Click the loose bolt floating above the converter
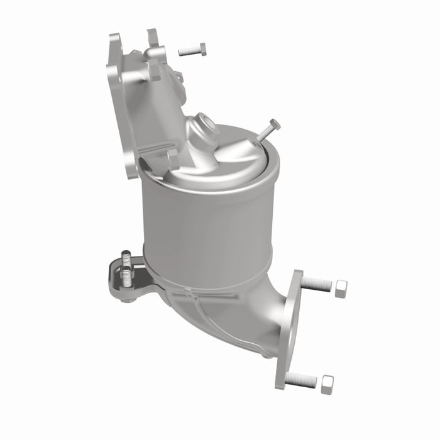coord(192,50)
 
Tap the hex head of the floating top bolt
coord(202,48)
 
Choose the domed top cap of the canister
coord(233,154)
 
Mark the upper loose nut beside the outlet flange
coord(341,288)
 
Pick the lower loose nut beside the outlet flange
coord(327,384)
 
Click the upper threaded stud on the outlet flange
coord(317,285)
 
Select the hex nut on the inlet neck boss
coord(155,69)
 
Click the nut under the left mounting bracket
coord(128,299)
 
